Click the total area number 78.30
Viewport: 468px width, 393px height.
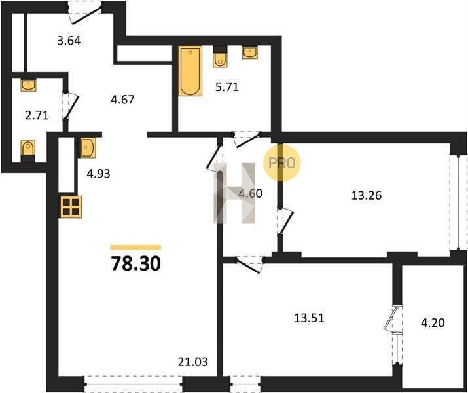(135, 264)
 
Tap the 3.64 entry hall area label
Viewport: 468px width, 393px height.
(69, 41)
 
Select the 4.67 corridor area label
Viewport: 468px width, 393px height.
(122, 100)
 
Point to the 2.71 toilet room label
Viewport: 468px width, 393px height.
(37, 115)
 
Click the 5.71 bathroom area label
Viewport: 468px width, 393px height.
(227, 87)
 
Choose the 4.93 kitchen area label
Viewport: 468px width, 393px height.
(98, 173)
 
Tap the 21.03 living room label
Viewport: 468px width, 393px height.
(193, 362)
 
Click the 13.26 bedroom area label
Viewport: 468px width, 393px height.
(367, 195)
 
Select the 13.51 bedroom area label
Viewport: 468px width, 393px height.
(309, 318)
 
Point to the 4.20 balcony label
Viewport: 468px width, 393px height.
(433, 322)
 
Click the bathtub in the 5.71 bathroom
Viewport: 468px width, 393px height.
(190, 71)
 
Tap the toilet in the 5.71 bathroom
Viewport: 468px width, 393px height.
(220, 58)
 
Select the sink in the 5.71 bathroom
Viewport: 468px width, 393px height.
(250, 52)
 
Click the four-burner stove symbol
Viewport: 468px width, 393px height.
(71, 207)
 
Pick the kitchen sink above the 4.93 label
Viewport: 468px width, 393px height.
(88, 147)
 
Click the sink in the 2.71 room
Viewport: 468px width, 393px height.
(28, 85)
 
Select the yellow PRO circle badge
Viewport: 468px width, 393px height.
(282, 162)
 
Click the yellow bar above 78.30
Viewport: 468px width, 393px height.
(135, 247)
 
